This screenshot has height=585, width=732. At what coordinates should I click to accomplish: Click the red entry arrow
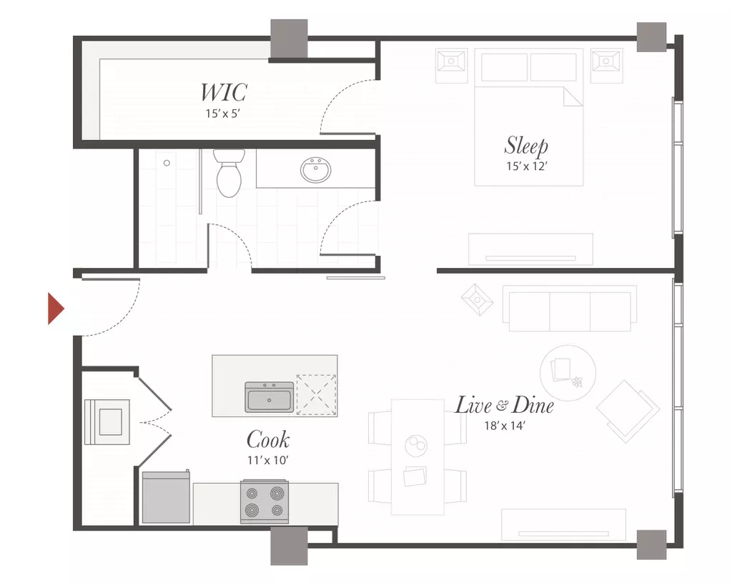[56, 309]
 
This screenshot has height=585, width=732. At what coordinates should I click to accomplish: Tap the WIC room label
[223, 92]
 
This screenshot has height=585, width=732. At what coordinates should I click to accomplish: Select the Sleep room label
[526, 146]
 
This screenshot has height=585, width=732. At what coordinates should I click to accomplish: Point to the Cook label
[268, 439]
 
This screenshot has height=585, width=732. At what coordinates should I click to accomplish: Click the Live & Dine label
[504, 405]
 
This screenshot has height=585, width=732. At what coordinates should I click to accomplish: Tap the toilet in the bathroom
[229, 173]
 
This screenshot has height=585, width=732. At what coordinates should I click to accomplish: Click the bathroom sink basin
[316, 170]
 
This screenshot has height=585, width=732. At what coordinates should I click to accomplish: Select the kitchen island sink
[269, 397]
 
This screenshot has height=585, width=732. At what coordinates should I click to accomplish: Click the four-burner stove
[264, 501]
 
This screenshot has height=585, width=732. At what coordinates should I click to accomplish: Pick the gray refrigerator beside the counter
[166, 497]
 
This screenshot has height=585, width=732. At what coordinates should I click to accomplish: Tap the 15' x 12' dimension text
[527, 166]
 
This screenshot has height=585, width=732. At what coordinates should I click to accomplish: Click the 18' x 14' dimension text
[505, 426]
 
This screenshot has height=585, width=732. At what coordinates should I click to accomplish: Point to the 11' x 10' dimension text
[268, 460]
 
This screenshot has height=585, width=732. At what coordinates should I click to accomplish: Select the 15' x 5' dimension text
[223, 114]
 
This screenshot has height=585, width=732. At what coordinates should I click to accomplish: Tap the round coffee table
[568, 373]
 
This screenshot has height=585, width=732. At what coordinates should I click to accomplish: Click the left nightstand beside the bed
[452, 66]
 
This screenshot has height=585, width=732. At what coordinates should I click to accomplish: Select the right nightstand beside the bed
[606, 66]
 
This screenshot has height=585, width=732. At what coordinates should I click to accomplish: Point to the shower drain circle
[167, 163]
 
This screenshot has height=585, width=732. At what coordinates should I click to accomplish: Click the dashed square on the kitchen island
[317, 395]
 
